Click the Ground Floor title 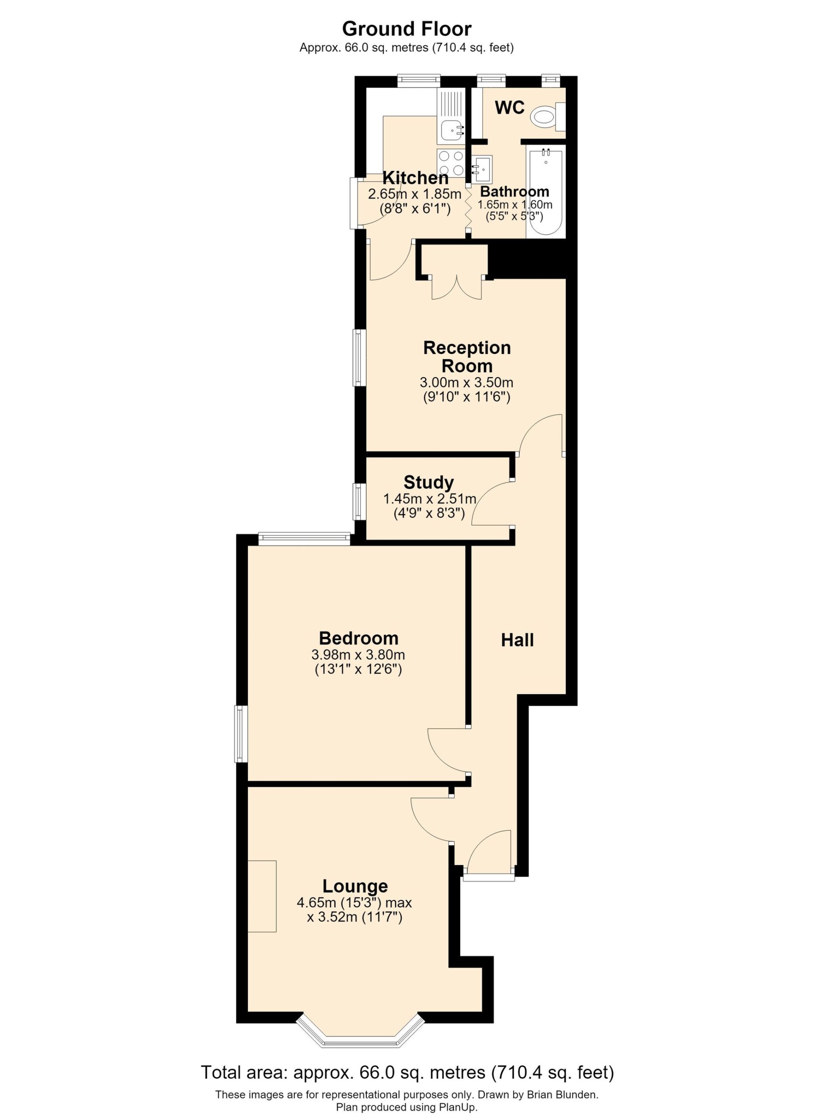point(407,29)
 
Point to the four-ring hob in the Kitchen point(451,162)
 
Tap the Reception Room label point(467,357)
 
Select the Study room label point(428,482)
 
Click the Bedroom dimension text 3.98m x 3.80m point(358,655)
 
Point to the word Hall point(517,640)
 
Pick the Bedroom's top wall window point(304,539)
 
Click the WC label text point(510,108)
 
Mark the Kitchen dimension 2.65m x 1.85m point(414,195)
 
